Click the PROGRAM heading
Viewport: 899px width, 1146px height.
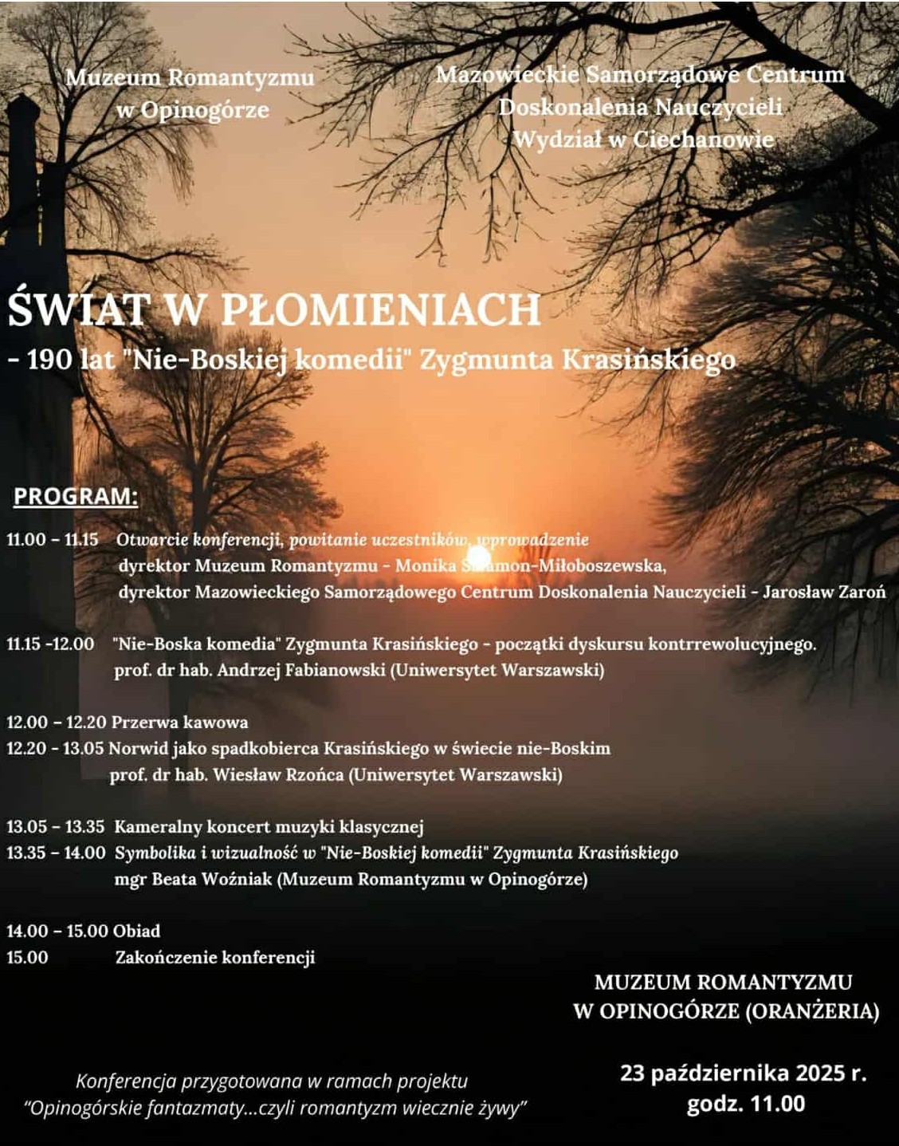[76, 496]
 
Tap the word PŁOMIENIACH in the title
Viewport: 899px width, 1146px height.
[380, 310]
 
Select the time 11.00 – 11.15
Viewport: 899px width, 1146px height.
[53, 540]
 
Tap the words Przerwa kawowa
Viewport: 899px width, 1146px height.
[179, 723]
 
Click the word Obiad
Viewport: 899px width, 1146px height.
[136, 931]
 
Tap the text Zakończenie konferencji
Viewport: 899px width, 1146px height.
[215, 957]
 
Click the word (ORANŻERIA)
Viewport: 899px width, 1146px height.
[812, 1011]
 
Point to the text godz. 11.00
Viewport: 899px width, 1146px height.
[745, 1105]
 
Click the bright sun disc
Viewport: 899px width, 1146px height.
[478, 556]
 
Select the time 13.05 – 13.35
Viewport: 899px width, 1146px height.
[56, 827]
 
